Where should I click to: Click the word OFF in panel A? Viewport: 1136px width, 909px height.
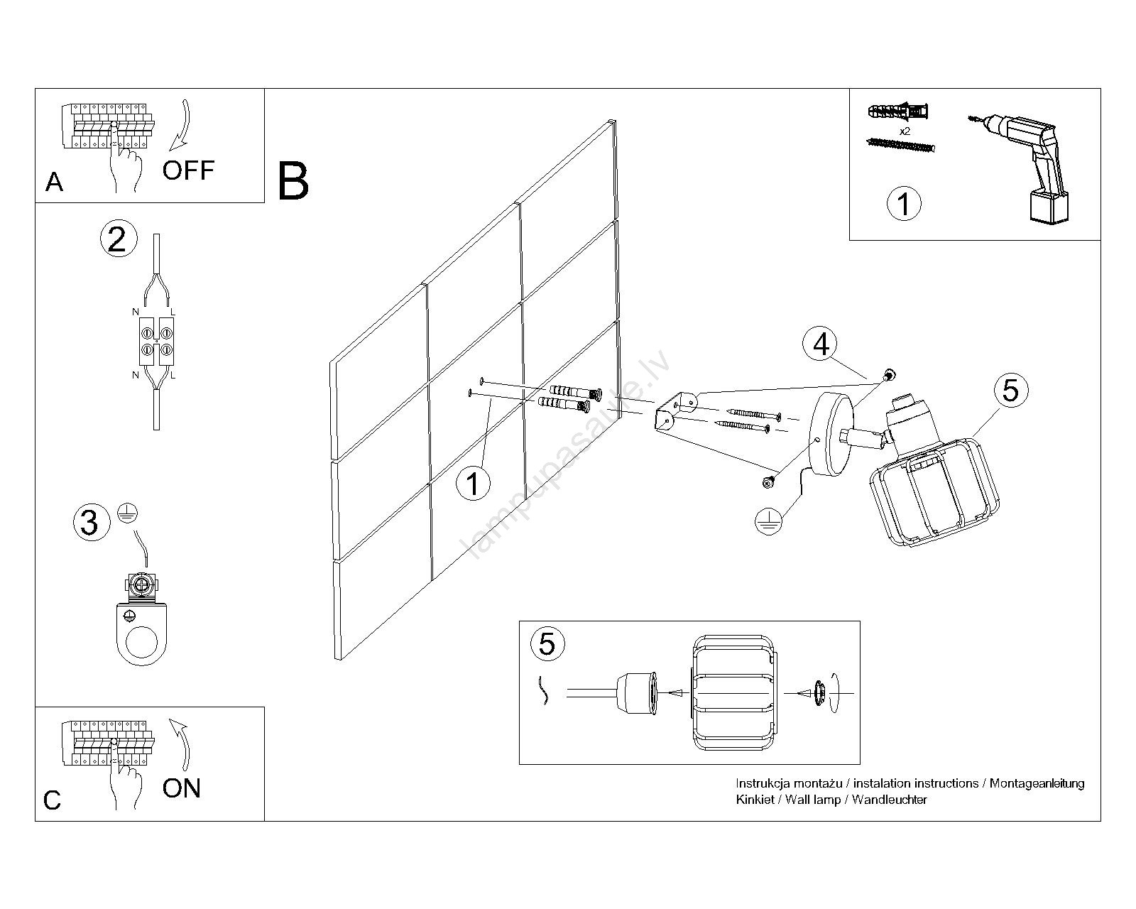tap(188, 170)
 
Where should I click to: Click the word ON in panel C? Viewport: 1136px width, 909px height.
tap(182, 788)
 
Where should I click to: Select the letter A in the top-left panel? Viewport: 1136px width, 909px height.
tap(54, 183)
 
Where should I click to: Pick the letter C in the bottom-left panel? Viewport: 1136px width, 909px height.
tap(52, 800)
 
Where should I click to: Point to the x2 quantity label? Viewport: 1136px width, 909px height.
tap(905, 132)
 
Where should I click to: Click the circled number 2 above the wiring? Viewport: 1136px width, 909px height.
tap(117, 239)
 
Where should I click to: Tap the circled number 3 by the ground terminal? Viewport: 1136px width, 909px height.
tap(90, 523)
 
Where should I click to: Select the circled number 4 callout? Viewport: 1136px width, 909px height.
tap(821, 344)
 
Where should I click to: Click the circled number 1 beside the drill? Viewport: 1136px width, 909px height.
tap(904, 204)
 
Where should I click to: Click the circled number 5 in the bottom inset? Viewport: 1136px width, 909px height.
tap(547, 644)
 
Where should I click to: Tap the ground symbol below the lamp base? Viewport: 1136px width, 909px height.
tap(768, 520)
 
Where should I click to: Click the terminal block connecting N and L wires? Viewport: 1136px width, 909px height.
tap(156, 341)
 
